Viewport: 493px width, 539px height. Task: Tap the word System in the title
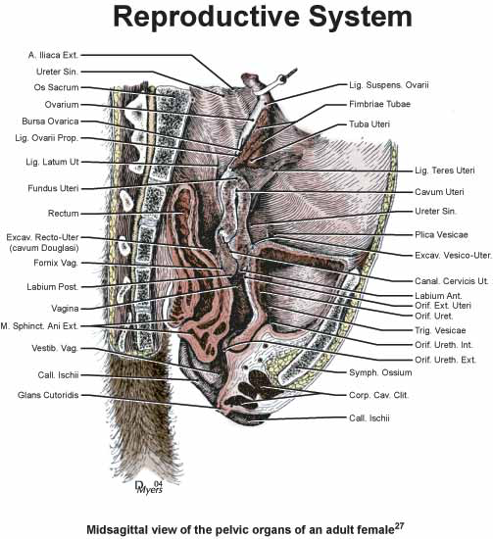361,18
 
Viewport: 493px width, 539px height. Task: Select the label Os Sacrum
57,87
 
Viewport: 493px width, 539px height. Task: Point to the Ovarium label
62,105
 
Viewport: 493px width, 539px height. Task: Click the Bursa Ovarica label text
50,122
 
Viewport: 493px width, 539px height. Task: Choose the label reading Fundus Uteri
53,188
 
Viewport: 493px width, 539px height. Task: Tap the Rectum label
64,214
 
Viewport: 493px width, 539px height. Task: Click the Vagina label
65,309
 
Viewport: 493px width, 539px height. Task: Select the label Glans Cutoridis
48,395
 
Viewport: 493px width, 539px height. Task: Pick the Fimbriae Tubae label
380,104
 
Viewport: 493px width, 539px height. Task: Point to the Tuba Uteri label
370,124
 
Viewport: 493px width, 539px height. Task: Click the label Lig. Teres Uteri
445,171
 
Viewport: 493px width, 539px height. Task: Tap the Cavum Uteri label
439,192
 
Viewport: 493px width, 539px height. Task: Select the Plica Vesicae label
441,235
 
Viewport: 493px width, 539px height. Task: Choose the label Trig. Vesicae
440,330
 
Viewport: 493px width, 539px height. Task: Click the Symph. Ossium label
380,372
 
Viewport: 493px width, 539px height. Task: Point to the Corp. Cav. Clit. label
379,395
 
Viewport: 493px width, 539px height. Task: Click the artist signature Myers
150,490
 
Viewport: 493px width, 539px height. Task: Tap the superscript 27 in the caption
399,526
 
